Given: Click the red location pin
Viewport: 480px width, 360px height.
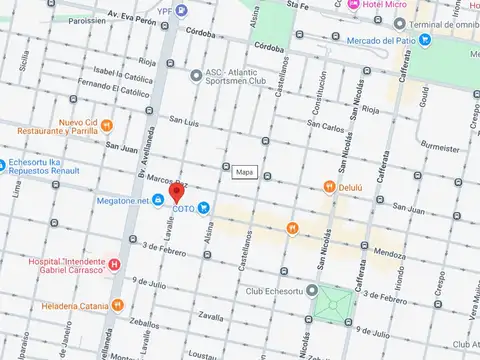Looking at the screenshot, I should [176, 192].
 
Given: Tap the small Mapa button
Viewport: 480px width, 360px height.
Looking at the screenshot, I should [244, 172].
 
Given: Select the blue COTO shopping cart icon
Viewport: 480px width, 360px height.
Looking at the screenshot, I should [203, 208].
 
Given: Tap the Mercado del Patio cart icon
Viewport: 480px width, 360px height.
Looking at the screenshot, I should [425, 40].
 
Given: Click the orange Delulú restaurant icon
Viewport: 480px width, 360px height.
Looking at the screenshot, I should [328, 186].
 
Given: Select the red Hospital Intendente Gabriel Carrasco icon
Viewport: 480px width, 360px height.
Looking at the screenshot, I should [114, 265].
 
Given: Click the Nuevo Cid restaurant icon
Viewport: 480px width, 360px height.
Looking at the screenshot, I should [107, 126].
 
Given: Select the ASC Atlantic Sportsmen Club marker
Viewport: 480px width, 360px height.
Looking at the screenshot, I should [197, 75].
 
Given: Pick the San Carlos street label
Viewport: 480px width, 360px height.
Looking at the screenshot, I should [327, 127].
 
